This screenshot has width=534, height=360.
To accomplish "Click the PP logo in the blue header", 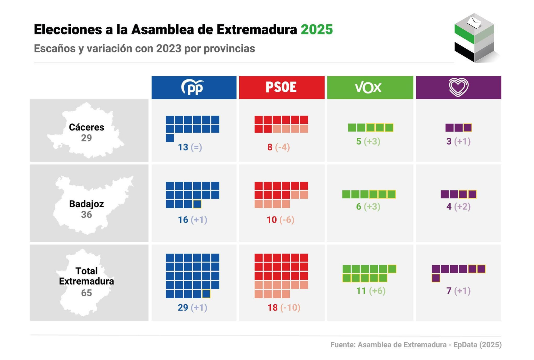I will (x=193, y=87).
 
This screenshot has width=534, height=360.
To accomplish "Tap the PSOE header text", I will (x=281, y=87).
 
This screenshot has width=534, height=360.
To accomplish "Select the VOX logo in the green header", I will (x=368, y=87).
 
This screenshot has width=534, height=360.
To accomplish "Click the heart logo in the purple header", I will (x=459, y=87).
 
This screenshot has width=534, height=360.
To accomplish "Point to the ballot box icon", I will (x=474, y=38).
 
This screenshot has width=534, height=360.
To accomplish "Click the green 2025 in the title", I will (x=317, y=30).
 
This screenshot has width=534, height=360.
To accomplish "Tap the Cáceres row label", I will (x=86, y=127).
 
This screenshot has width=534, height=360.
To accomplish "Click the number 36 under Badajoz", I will (x=86, y=215).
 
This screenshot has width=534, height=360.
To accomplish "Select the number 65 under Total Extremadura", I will (x=86, y=293).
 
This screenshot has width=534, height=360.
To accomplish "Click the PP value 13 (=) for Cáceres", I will (x=190, y=147).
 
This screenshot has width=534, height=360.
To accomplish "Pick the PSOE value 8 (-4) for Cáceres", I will (x=278, y=147).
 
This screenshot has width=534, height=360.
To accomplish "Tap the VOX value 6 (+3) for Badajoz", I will (x=368, y=207).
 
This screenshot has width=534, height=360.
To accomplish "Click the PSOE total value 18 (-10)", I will (x=284, y=307).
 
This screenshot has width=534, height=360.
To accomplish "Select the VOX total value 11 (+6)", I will (x=371, y=291).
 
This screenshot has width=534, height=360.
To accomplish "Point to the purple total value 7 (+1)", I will (x=458, y=291).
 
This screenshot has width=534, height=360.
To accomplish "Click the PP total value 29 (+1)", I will (x=192, y=307).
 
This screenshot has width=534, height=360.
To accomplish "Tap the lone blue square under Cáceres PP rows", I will (x=170, y=138).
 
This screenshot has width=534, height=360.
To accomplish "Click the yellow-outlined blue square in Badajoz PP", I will (x=197, y=204).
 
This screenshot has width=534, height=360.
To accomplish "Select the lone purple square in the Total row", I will (x=436, y=278).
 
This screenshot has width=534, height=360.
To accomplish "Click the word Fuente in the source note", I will (x=342, y=345).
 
